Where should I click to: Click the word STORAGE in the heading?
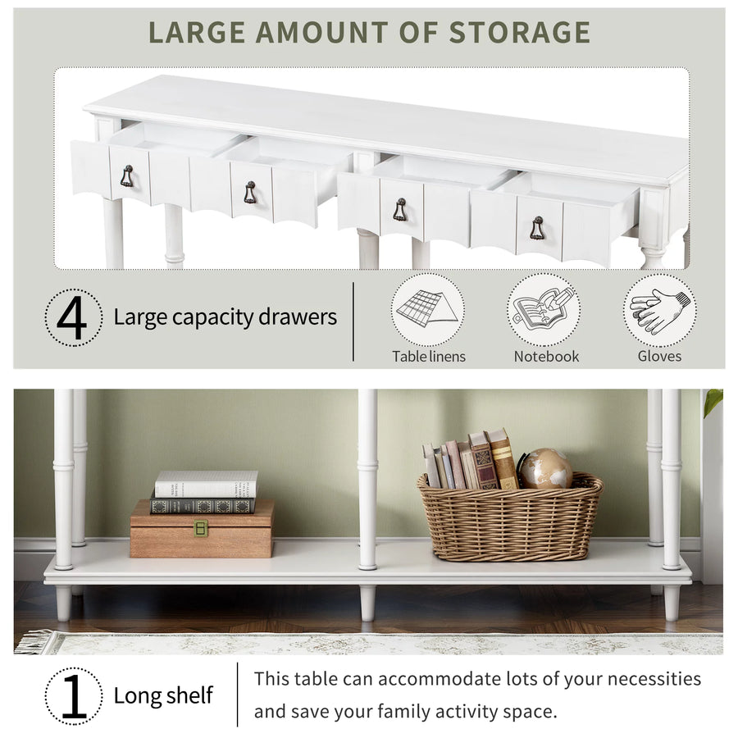pos(519,32)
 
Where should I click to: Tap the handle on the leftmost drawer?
pos(127,176)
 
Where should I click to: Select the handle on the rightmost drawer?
pos(537,228)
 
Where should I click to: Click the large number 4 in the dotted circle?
pos(71,318)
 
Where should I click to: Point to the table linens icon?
pos(427,309)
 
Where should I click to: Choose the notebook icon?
pos(544,309)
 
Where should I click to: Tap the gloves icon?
pos(660,311)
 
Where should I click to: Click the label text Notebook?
pos(546,357)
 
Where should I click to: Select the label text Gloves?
pos(659,357)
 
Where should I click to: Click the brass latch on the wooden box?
pos(201,528)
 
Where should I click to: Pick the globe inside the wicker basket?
pos(545,468)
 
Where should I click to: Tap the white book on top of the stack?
pos(206,484)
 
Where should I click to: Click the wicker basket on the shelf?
pos(510,517)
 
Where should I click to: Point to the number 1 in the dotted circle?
pos(74,696)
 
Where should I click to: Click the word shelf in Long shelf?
pos(189,695)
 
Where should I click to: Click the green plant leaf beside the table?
pos(713,403)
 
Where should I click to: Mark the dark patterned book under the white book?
pos(203,506)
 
